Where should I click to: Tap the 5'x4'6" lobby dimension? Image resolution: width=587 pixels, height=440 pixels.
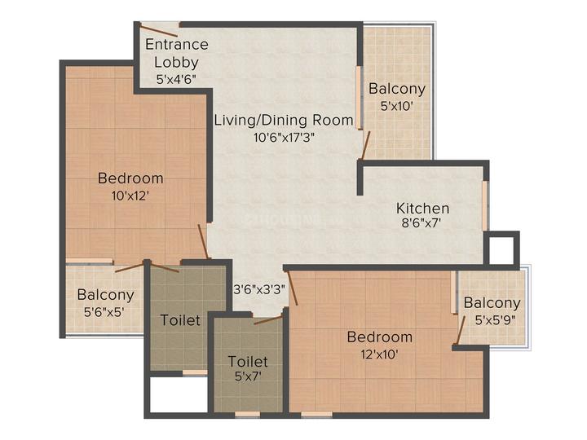(177, 80)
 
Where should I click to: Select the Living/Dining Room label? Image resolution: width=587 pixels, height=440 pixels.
(284, 120)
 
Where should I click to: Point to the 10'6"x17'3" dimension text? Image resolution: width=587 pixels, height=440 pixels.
(284, 137)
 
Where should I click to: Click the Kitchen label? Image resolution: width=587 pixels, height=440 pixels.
(423, 208)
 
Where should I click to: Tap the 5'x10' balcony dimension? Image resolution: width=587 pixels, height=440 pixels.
(396, 105)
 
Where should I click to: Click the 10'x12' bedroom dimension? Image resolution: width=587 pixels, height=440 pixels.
(130, 195)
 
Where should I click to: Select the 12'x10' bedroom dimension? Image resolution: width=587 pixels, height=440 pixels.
(380, 354)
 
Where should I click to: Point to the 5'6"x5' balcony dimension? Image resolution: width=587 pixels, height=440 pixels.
(105, 311)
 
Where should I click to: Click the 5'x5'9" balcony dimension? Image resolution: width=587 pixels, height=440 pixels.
(492, 320)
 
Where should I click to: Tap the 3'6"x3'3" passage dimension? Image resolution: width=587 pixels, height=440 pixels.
(259, 288)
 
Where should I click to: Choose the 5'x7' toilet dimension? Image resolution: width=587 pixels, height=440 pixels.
(248, 377)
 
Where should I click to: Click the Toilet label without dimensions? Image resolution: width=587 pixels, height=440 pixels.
(180, 320)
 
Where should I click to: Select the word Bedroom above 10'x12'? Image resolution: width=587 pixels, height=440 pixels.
(130, 178)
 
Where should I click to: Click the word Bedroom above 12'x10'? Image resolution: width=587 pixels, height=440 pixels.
(380, 337)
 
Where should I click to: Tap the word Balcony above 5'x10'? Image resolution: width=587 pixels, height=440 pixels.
(396, 89)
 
